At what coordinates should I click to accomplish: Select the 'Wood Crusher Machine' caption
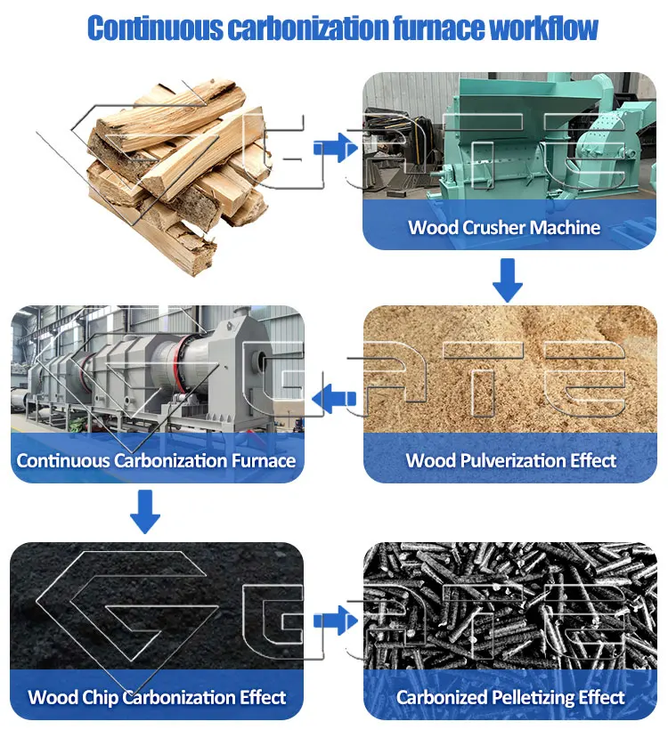coord(504,227)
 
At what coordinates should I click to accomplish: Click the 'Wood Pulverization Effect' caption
coord(510,460)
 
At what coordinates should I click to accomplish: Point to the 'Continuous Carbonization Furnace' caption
coord(156,460)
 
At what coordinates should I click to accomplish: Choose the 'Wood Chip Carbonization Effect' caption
coord(157,696)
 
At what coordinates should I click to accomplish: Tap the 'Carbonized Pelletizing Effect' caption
coord(510,696)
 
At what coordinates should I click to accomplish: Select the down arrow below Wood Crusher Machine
coord(508,280)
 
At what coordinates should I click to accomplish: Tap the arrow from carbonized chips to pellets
coord(333,617)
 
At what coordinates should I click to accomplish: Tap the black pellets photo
coord(510,605)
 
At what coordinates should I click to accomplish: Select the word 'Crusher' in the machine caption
coord(494,227)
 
